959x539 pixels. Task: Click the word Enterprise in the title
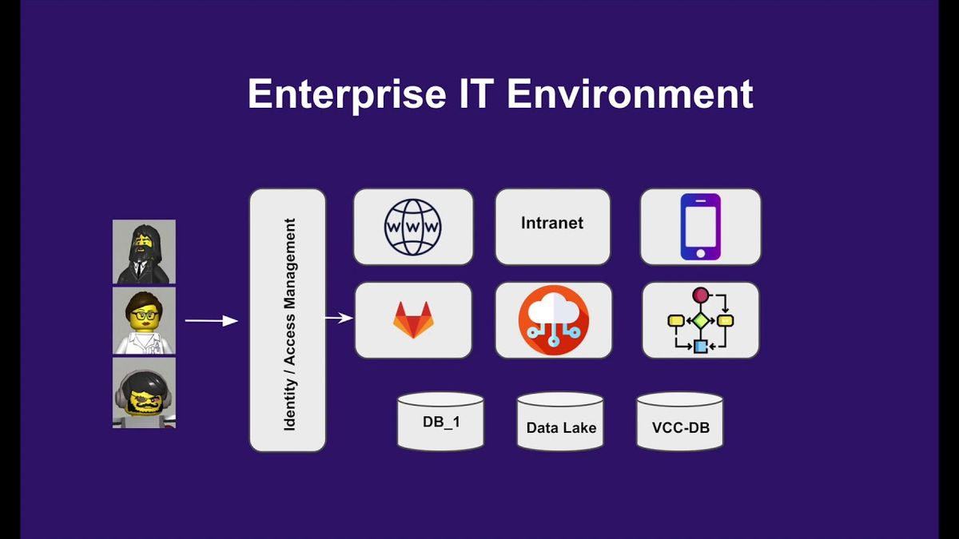click(347, 94)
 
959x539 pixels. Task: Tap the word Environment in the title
click(630, 93)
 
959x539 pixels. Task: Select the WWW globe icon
click(412, 227)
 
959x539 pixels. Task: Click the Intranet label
click(552, 223)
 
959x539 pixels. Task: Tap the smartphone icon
click(700, 227)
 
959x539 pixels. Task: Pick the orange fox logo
click(413, 319)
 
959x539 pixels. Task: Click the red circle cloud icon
click(554, 320)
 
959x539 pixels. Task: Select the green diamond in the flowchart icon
click(700, 320)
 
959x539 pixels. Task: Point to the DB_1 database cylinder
click(440, 422)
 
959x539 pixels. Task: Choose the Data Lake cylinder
click(560, 422)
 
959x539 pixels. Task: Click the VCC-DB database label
click(681, 427)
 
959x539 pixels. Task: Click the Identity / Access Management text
click(290, 324)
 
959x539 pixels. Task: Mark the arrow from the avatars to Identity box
click(212, 320)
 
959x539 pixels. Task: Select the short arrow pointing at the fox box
click(339, 318)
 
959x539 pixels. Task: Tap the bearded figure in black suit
click(144, 252)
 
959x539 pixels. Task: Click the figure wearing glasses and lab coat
click(144, 320)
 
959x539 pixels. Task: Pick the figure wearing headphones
click(144, 393)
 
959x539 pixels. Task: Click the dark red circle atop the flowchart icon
click(700, 295)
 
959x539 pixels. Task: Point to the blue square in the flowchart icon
click(700, 346)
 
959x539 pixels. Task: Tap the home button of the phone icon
click(700, 253)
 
